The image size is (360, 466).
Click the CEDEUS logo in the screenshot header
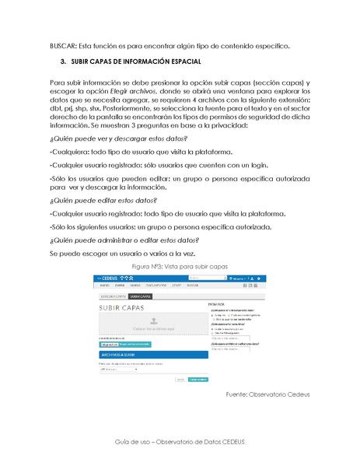(110, 278)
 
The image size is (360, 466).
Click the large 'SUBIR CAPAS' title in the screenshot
(123, 309)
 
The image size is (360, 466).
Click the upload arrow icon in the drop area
(153, 320)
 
